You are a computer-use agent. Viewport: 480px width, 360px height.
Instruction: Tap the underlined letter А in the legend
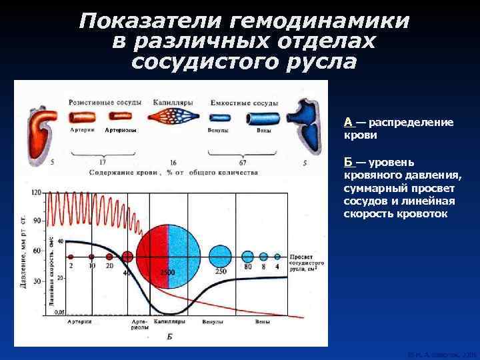pos(349,123)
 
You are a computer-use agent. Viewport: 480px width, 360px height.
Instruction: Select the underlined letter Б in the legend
pos(349,163)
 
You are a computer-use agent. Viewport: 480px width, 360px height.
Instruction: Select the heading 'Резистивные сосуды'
pos(105,103)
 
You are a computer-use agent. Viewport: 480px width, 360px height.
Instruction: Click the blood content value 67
pos(243,162)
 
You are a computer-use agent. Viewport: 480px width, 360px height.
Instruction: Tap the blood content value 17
pos(102,162)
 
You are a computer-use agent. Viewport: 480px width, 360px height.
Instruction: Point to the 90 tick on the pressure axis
pos(37,220)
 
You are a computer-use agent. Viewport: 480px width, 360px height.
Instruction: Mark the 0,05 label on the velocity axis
pos(60,312)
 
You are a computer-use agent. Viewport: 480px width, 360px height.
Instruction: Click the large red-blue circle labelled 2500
pos(168,256)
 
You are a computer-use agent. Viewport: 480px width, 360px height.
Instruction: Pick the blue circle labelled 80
pos(247,256)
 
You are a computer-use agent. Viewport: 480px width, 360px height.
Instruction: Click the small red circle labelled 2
pos(71,256)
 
